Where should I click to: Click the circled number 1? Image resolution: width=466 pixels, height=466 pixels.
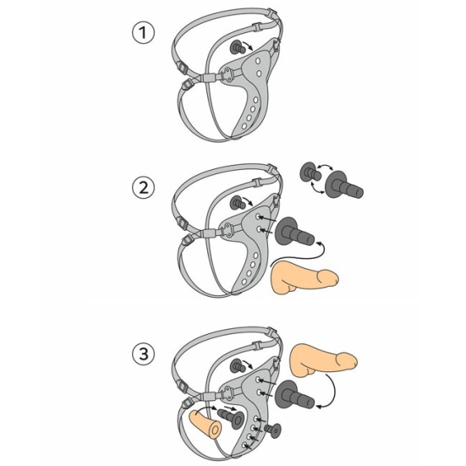click(x=143, y=33)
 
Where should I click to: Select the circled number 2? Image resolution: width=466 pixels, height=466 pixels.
click(x=143, y=188)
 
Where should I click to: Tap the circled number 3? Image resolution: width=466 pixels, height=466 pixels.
click(x=143, y=354)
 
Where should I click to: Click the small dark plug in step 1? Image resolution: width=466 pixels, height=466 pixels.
click(x=238, y=47)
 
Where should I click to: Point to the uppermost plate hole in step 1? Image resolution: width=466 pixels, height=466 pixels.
click(x=258, y=61)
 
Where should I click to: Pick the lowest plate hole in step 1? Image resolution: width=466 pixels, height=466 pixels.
click(x=244, y=126)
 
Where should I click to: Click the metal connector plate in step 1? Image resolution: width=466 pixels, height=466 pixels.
click(x=228, y=73)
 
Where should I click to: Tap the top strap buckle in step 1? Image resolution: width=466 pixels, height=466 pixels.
click(x=272, y=13)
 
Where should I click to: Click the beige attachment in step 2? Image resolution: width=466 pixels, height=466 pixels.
click(x=304, y=277)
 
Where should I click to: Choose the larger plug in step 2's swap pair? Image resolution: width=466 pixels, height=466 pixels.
click(x=343, y=184)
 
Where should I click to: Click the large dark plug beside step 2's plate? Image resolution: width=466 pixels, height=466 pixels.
click(x=294, y=232)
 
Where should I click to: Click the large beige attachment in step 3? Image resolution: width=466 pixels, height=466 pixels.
click(x=322, y=359)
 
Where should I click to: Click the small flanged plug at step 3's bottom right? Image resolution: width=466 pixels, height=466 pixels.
click(x=273, y=430)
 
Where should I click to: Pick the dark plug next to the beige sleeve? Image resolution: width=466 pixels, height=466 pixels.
click(x=231, y=418)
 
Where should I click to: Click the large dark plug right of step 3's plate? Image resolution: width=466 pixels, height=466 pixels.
click(x=294, y=395)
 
